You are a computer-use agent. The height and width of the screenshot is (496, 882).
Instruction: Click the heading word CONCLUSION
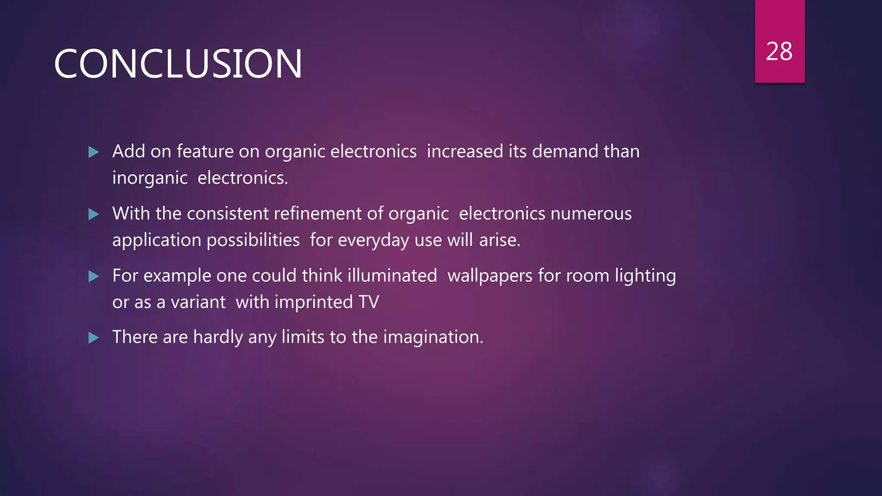coord(178,64)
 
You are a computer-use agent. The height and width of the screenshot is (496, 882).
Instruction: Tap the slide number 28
coord(779,52)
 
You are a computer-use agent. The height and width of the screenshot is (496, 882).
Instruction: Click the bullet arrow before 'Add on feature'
coord(93,152)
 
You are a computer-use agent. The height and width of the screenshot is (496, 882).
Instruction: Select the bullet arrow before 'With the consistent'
coord(93,214)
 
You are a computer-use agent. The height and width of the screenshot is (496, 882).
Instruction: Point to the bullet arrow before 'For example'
coord(93,276)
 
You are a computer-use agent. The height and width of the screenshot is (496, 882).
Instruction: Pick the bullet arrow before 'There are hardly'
coord(93,338)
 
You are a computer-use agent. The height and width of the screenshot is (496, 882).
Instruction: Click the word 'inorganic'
coord(150,178)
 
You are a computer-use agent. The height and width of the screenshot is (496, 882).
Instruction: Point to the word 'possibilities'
coord(253,240)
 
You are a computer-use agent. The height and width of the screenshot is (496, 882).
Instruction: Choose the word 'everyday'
coord(373,240)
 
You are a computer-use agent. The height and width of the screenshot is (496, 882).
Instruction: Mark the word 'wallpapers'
coord(490,276)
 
